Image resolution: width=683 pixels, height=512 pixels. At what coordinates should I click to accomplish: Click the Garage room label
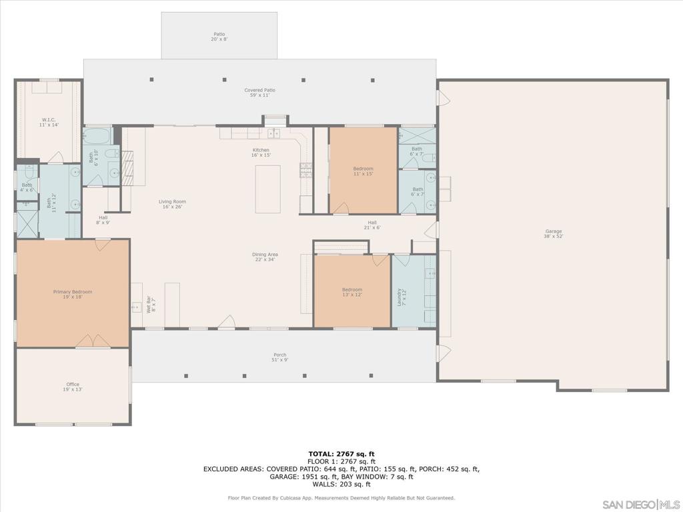[554, 233]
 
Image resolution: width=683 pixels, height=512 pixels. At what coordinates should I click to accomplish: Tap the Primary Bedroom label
[73, 294]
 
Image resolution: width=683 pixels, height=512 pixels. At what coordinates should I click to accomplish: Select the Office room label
[73, 387]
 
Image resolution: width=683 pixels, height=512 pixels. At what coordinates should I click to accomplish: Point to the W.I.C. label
[49, 122]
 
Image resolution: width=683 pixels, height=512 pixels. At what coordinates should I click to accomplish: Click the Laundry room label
[401, 297]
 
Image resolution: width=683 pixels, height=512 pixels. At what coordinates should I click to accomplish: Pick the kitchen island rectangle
[267, 189]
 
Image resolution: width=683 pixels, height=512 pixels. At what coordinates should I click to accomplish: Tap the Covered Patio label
[259, 93]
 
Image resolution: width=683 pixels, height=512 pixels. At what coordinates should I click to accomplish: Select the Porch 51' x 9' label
[280, 357]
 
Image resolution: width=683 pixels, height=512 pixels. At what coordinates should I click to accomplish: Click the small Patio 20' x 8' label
[219, 37]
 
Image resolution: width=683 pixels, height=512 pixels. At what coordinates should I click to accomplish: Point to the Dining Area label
[265, 257]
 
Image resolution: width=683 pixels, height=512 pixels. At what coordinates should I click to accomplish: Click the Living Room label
[172, 204]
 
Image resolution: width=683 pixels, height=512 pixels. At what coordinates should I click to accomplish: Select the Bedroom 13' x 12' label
[352, 292]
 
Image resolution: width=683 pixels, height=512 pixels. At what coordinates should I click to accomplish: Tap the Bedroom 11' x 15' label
[364, 171]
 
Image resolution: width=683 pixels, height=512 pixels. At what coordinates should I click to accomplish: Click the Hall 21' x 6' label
[372, 225]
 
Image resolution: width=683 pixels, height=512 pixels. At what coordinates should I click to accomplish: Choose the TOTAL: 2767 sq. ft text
[341, 453]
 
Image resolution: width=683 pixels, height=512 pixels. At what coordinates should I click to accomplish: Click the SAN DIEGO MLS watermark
[640, 503]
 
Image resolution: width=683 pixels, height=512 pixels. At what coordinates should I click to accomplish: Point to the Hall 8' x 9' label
[103, 219]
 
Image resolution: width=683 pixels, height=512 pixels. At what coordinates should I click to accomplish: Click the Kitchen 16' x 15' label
[261, 153]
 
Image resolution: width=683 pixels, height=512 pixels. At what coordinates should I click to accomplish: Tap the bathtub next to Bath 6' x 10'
[98, 137]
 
